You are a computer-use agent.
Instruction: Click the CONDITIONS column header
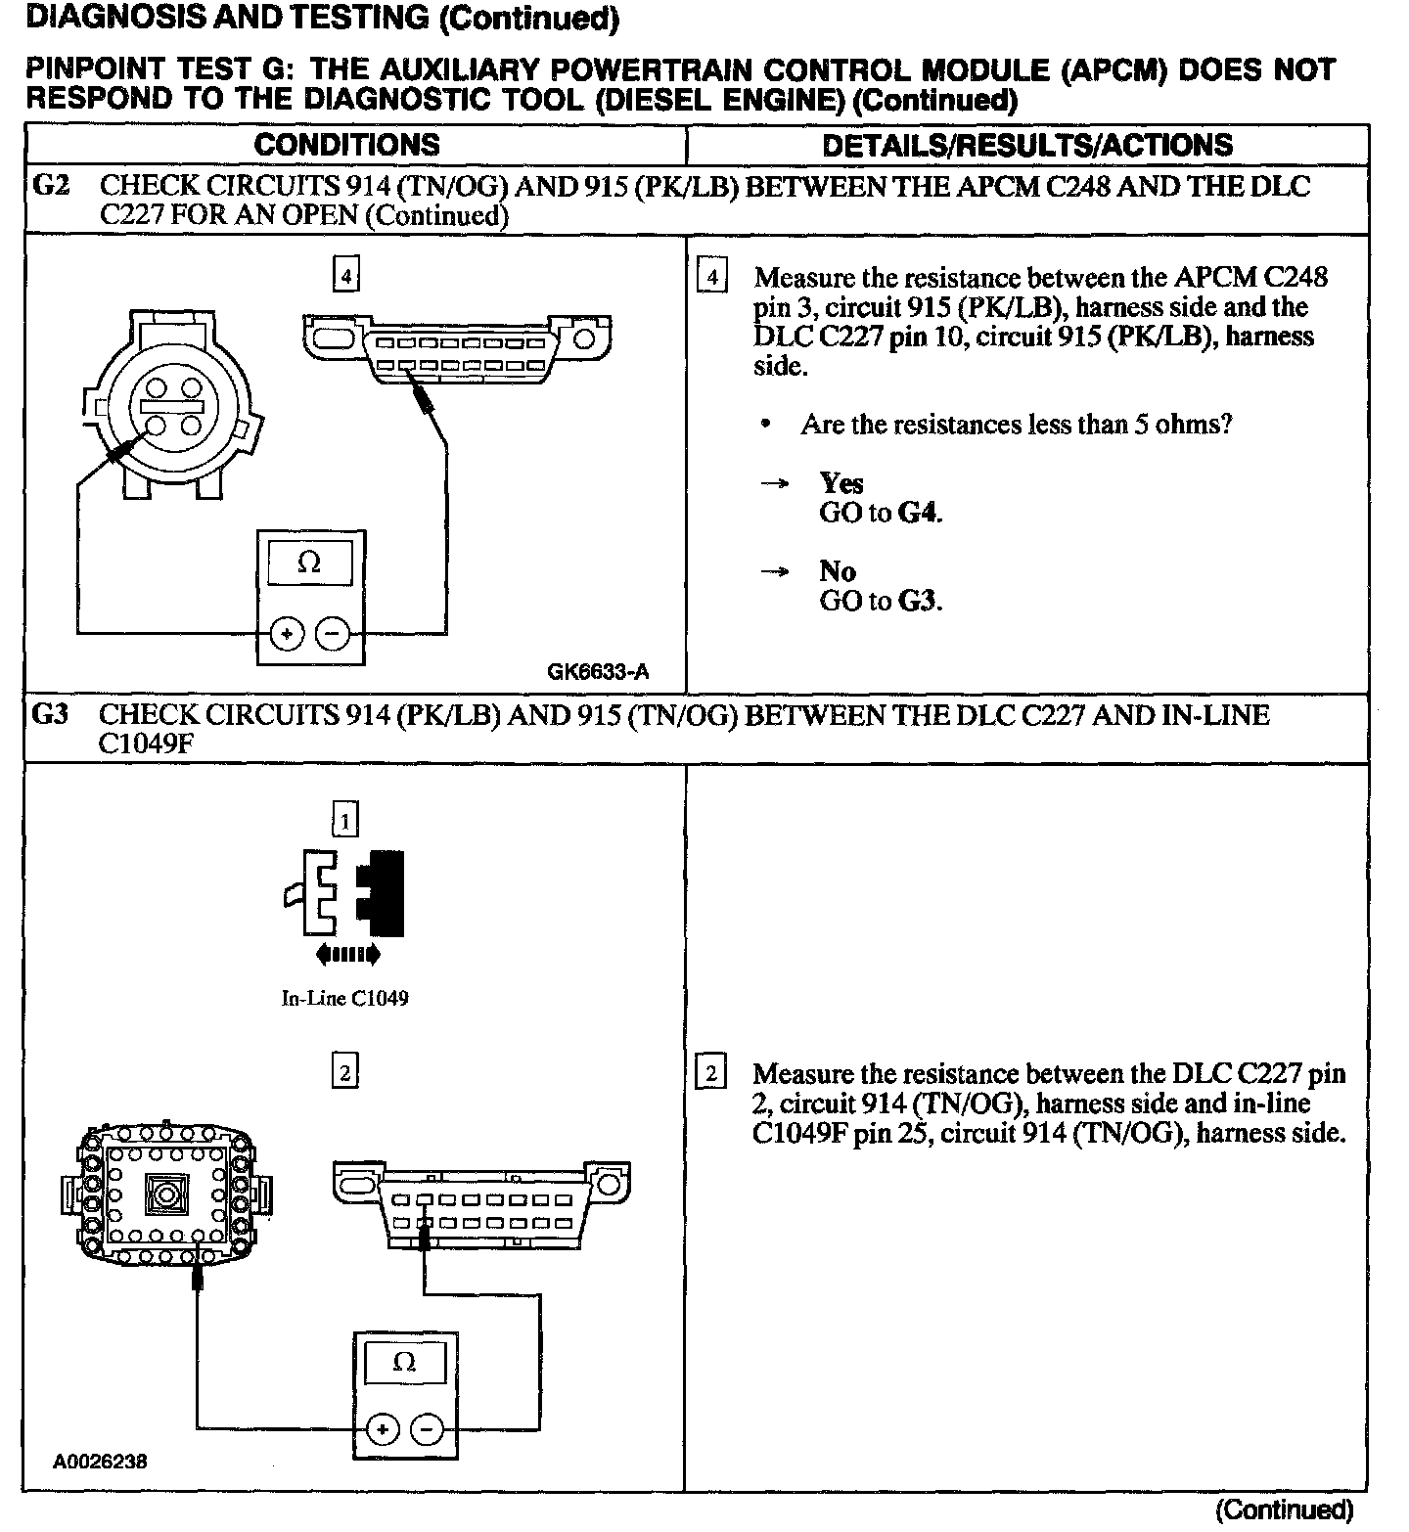[346, 145]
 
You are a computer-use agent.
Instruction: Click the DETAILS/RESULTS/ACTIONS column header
[1027, 145]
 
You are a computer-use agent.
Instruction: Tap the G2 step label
[51, 185]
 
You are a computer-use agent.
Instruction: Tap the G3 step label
[51, 714]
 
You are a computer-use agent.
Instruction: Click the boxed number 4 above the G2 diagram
[345, 277]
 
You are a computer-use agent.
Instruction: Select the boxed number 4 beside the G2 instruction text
[711, 278]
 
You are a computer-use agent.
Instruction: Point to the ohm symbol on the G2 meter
[309, 563]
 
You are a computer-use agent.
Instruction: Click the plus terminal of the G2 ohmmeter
[287, 635]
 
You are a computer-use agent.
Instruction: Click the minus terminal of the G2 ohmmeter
[334, 635]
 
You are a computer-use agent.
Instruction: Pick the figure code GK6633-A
[598, 672]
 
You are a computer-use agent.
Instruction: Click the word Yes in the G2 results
[841, 483]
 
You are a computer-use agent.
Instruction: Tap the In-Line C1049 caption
[345, 999]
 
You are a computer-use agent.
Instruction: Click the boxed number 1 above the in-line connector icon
[345, 820]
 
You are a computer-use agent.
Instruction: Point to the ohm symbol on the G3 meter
[404, 1362]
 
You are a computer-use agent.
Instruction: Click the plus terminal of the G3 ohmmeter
[382, 1430]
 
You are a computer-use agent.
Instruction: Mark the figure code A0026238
[101, 1462]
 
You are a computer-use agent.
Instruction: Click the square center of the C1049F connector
[163, 1194]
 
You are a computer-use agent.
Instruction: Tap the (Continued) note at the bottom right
[1284, 1509]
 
